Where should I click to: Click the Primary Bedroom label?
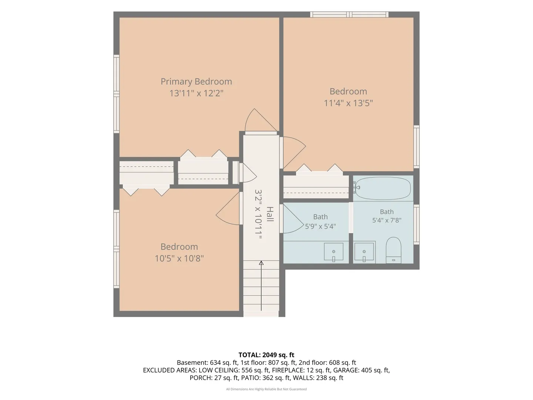coord(196,82)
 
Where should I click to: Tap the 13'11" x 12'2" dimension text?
coord(196,93)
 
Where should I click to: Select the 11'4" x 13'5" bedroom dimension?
coord(348,103)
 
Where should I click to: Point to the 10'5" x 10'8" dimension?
coord(179,259)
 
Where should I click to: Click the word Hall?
coord(270,214)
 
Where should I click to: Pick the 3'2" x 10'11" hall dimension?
coord(258,214)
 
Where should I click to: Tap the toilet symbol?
coord(393,250)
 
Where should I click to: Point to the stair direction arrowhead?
coord(261,263)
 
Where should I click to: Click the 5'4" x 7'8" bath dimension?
coord(386,220)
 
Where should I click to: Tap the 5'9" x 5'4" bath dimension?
coord(320,227)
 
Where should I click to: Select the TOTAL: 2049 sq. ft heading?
coord(266,355)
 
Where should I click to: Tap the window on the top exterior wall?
coord(349,14)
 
